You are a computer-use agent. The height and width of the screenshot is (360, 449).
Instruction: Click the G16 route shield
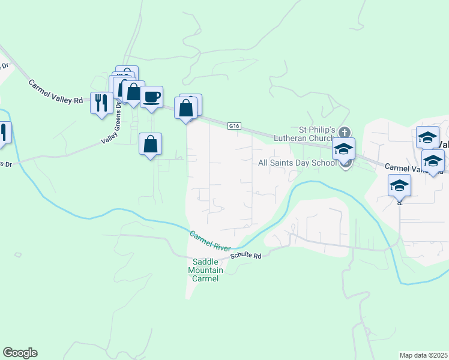coord(234,126)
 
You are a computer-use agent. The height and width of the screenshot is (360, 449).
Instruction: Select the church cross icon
coord(345,131)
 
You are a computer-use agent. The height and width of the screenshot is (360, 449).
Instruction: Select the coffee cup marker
coord(151,97)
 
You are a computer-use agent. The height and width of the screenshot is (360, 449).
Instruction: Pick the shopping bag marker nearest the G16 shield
coord(186,109)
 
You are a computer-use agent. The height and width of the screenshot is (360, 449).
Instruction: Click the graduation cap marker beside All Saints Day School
coord(344,149)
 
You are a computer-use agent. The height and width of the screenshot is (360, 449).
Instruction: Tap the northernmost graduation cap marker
coord(427,137)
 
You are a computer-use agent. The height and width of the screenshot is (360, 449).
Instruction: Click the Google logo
coord(20,353)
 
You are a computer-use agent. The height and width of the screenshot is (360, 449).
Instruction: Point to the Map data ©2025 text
coord(423,355)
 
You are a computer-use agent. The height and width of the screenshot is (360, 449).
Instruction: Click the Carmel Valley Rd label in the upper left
coord(55,92)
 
